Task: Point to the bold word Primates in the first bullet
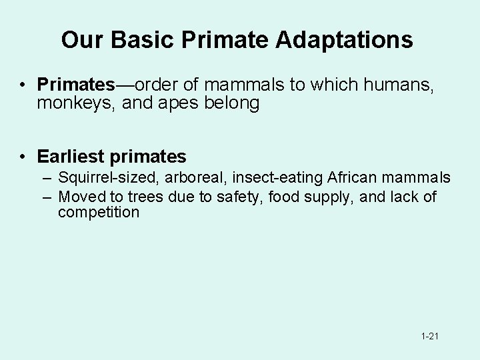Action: (77, 85)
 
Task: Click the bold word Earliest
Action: (71, 157)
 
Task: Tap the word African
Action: (350, 178)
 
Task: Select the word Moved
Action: (80, 196)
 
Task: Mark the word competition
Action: (99, 213)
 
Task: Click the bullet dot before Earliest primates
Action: (23, 157)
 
